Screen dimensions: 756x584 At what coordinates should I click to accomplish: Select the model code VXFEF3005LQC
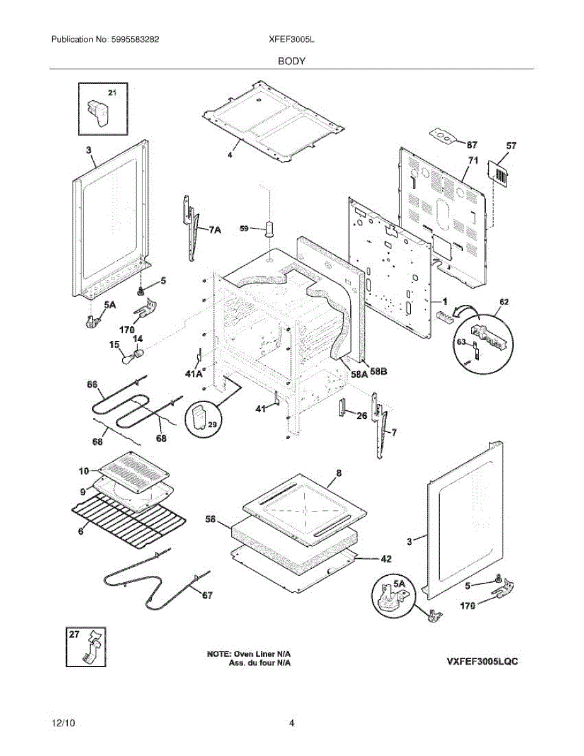click(483, 662)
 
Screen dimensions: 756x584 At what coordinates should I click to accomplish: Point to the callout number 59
click(245, 229)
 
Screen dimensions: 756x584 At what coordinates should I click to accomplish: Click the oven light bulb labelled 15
click(130, 360)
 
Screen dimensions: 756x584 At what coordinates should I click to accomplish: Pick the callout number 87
click(472, 145)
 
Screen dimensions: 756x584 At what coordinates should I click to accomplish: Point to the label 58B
click(378, 372)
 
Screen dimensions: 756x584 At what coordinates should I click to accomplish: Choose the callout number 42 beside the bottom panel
click(386, 558)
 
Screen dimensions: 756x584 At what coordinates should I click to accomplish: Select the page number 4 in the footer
click(292, 723)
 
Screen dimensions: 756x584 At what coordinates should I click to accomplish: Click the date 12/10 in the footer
click(61, 723)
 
